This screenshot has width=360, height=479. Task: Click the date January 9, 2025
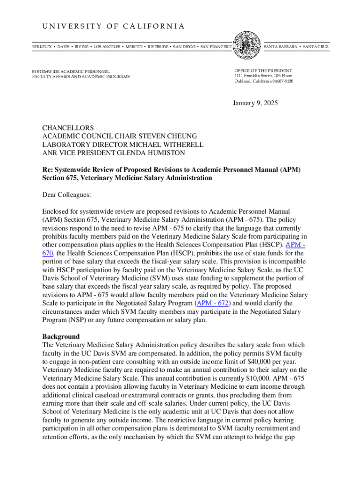click(x=255, y=103)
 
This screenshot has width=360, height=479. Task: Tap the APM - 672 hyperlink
click(x=213, y=303)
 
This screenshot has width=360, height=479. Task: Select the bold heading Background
click(x=61, y=336)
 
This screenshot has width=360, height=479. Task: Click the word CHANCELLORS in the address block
click(x=68, y=128)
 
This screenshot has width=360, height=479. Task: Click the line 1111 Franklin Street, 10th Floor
click(x=263, y=76)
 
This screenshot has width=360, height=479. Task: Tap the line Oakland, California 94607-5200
click(x=264, y=81)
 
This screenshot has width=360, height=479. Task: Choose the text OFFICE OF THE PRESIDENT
click(x=263, y=70)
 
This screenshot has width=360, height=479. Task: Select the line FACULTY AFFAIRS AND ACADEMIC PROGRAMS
click(x=81, y=76)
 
